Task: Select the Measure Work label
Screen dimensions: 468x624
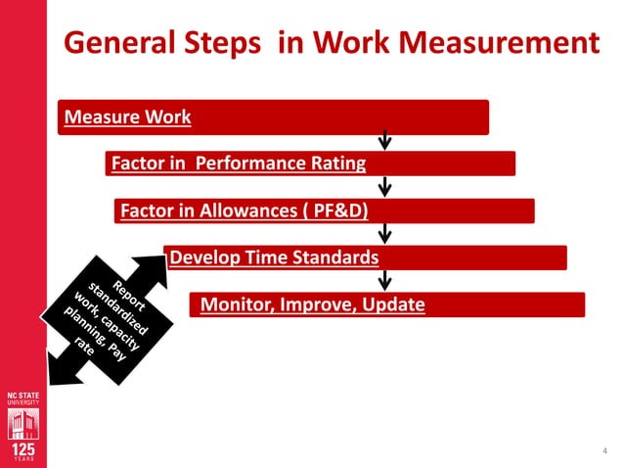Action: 127,118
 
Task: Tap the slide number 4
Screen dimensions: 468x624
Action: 601,451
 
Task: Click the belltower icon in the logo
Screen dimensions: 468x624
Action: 22,423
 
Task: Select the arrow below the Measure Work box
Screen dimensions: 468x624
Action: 385,140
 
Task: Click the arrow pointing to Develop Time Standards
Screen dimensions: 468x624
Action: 385,234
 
